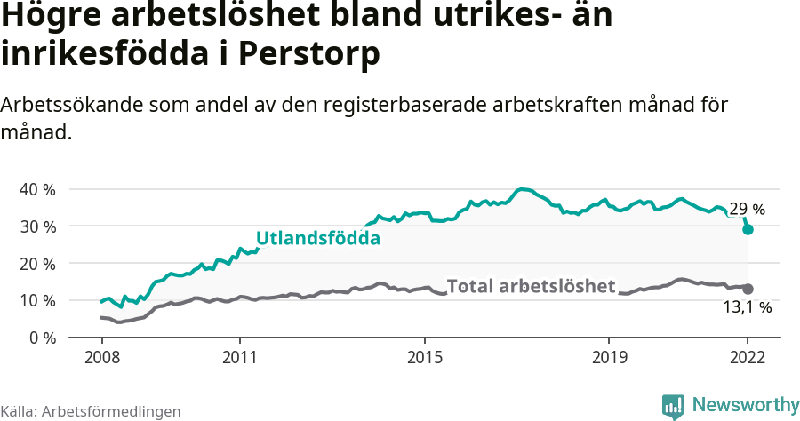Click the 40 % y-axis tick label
tap(37, 189)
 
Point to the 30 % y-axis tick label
tap(37, 226)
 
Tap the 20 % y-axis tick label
tap(37, 264)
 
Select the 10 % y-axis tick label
tap(37, 300)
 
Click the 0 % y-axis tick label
tap(42, 338)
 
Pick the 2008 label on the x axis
tap(101, 359)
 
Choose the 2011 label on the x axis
tap(240, 359)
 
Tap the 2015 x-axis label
tap(425, 359)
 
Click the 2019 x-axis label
tap(609, 359)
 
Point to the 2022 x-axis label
tap(748, 359)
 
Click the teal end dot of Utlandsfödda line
tap(748, 229)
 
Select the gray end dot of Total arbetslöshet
tap(748, 289)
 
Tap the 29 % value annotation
tap(747, 210)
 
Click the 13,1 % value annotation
tap(747, 307)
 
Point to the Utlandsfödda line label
tap(318, 238)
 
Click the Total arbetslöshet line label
tap(531, 286)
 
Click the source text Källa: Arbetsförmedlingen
tap(91, 411)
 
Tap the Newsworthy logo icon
tap(673, 405)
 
